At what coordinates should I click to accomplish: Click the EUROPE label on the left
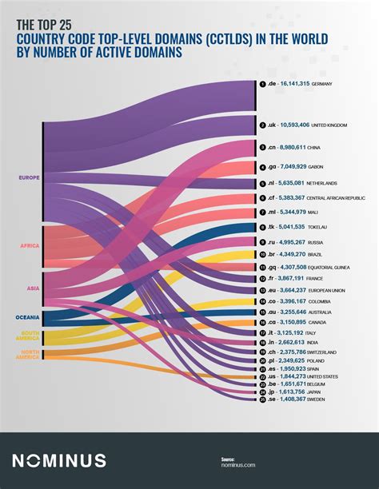pos(29,177)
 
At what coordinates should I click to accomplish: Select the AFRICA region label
pos(29,245)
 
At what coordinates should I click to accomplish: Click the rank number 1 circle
pos(261,84)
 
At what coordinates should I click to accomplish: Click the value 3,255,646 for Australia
pos(293,312)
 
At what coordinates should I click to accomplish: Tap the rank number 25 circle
pos(261,399)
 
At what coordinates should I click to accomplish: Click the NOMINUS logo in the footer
pos(58,460)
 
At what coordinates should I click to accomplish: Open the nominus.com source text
pos(238,465)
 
